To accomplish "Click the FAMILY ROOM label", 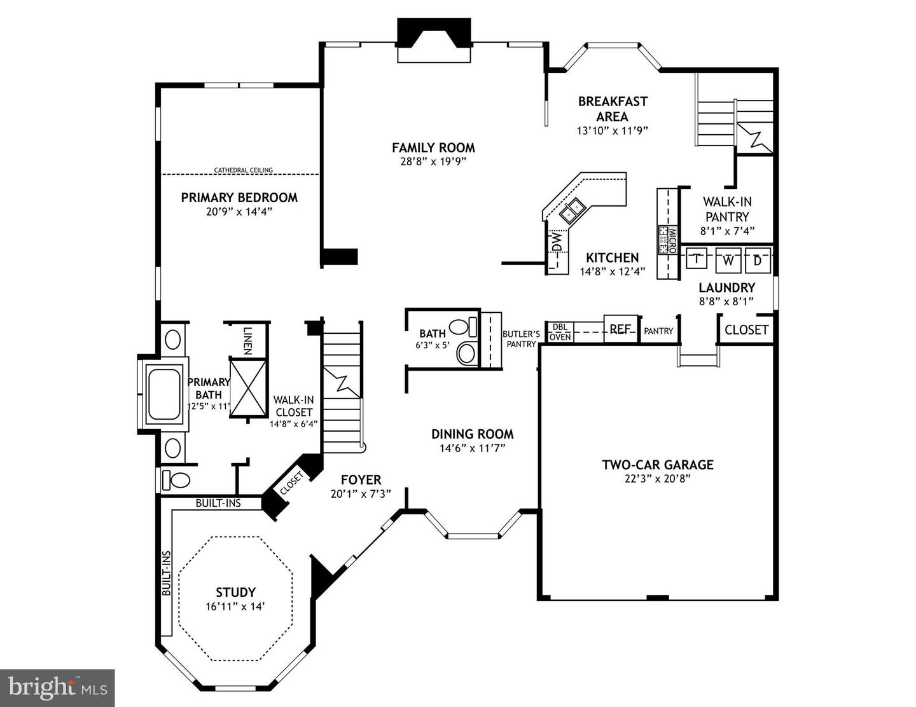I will pos(433,148).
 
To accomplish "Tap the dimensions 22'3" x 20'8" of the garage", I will pos(657,479).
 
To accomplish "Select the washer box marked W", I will pos(728,260).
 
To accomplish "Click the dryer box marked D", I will pos(758,259).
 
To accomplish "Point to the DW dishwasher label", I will pos(557,242).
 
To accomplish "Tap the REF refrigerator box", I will pos(620,329).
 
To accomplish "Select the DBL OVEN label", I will pos(560,332).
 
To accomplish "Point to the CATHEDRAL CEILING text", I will pos(243,170).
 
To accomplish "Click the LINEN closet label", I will pos(247,340).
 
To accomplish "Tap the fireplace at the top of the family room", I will pos(433,40).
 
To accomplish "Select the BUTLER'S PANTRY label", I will pos(521,339).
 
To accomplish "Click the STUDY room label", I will pos(235,592).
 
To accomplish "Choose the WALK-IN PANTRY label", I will pos(727,209).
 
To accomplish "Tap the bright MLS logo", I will pos(57,687).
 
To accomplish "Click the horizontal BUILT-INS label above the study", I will pos(218,503).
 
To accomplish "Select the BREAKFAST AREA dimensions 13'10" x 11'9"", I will pos(612,130).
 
